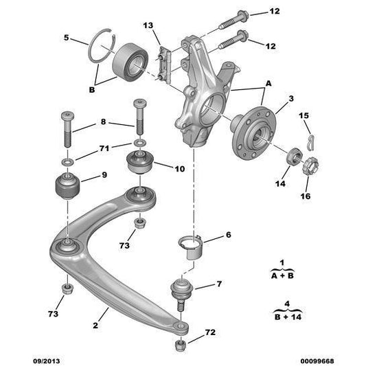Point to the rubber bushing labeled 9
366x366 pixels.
pyautogui.click(x=69, y=187)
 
